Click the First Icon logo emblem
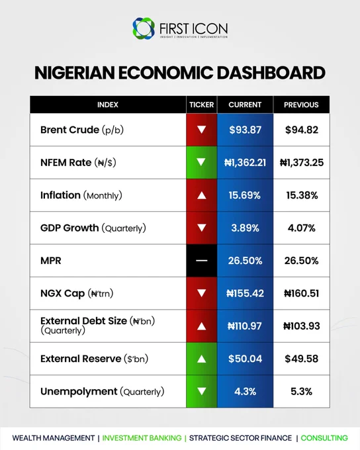point(144,28)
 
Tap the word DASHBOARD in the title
point(271,73)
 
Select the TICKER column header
point(202,105)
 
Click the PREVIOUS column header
point(301,105)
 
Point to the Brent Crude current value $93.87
point(245,130)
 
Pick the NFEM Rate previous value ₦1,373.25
point(302,162)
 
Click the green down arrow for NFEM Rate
point(202,162)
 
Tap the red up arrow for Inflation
point(202,195)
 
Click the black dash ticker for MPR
point(202,261)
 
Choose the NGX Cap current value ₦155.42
point(245,293)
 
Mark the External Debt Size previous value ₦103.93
point(302,326)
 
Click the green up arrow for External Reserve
point(202,359)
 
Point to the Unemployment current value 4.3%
point(245,392)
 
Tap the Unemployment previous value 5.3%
point(302,392)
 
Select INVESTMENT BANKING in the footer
point(142,438)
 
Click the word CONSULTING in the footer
point(324,438)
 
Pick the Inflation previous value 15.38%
point(302,195)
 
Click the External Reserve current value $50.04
point(245,359)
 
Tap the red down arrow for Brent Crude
point(202,130)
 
